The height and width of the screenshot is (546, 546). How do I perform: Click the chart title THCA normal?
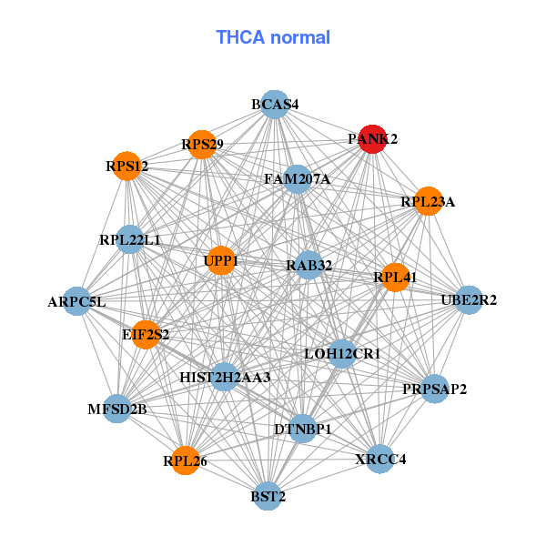click(x=273, y=37)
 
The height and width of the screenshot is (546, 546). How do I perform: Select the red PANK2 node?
click(x=371, y=139)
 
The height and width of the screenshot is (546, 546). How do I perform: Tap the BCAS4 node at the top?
click(x=275, y=105)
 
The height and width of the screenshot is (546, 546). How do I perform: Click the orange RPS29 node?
click(x=202, y=144)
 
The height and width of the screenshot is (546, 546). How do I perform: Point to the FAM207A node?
click(x=297, y=179)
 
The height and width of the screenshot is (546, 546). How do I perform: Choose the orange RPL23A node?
click(x=428, y=201)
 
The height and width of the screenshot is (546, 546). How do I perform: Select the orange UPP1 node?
click(x=221, y=261)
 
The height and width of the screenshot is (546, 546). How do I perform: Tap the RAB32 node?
click(x=308, y=266)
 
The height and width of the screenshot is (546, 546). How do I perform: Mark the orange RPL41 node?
click(x=395, y=277)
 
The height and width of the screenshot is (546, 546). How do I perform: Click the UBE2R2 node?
click(x=469, y=299)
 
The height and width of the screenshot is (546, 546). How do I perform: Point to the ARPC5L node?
click(x=76, y=301)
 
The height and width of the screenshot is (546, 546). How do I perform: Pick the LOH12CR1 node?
click(x=342, y=352)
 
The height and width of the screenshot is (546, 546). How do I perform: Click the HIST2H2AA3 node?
click(x=225, y=376)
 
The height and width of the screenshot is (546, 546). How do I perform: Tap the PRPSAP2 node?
click(x=435, y=389)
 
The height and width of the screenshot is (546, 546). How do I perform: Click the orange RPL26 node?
click(x=186, y=461)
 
